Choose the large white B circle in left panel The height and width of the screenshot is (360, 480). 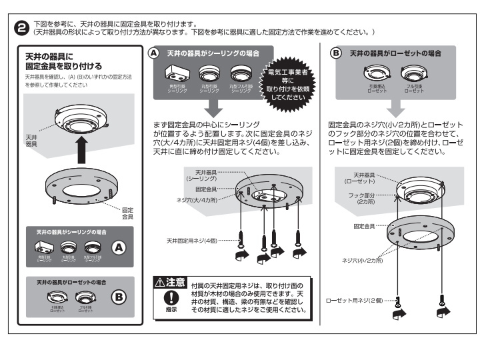tap(118, 294)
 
